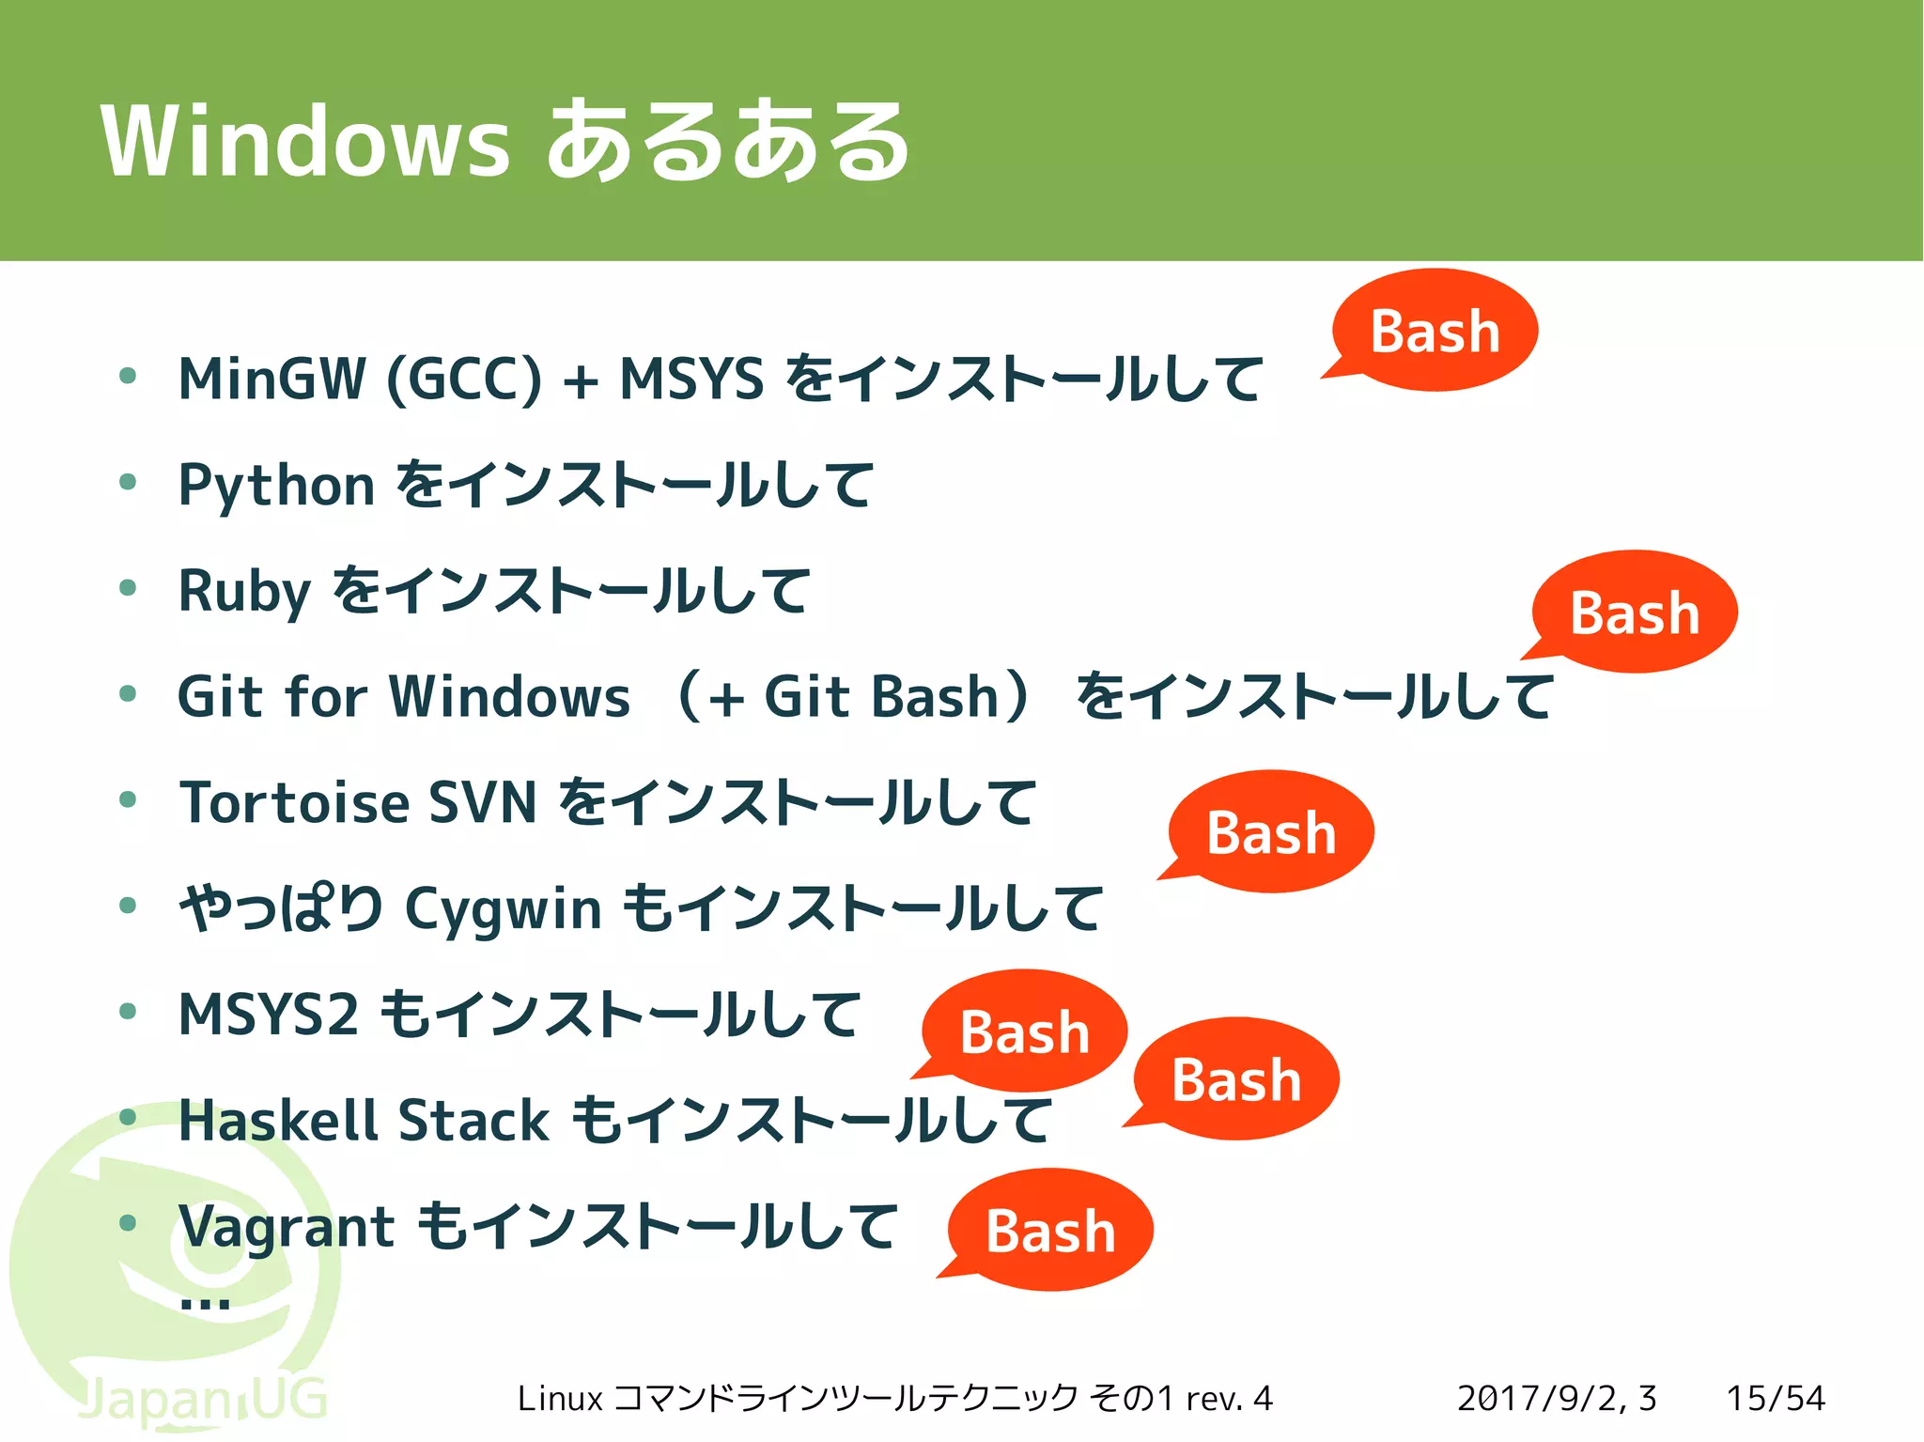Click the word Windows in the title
tap(305, 141)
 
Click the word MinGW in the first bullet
tap(272, 380)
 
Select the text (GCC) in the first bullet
tap(464, 380)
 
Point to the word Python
tap(276, 487)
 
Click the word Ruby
tap(244, 592)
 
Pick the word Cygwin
tap(503, 910)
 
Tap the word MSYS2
tap(269, 1015)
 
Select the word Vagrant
tap(287, 1227)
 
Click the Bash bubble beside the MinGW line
tap(1435, 331)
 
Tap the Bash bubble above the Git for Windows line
tap(1635, 612)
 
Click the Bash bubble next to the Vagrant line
tap(1050, 1231)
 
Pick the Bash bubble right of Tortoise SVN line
tap(1271, 832)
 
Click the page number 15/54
tap(1776, 1398)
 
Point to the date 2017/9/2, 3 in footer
tap(1557, 1398)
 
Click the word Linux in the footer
tap(559, 1398)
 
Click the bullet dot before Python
tap(129, 483)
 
